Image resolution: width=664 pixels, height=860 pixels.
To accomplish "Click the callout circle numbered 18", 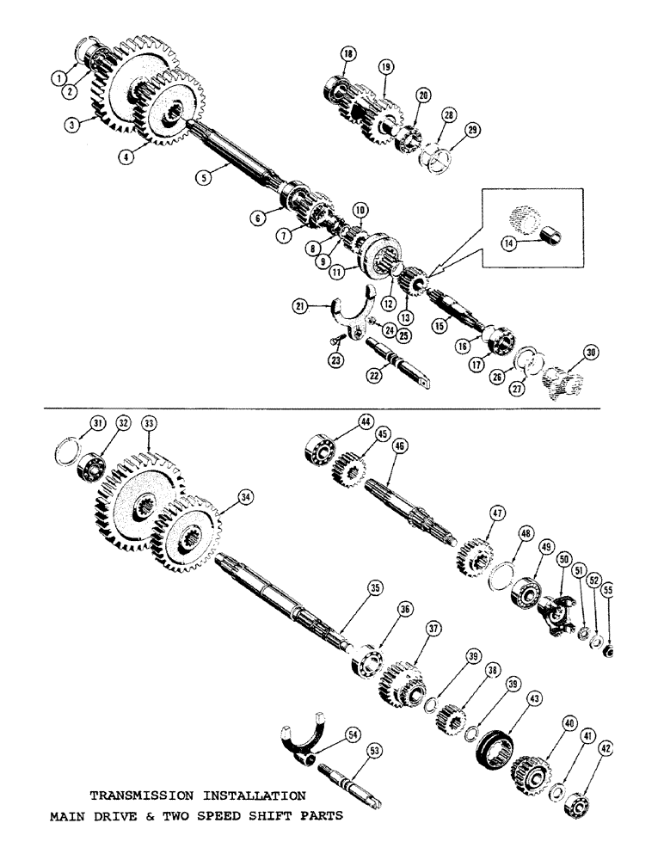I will point(347,54).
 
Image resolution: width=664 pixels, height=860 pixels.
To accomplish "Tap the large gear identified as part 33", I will point(129,507).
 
